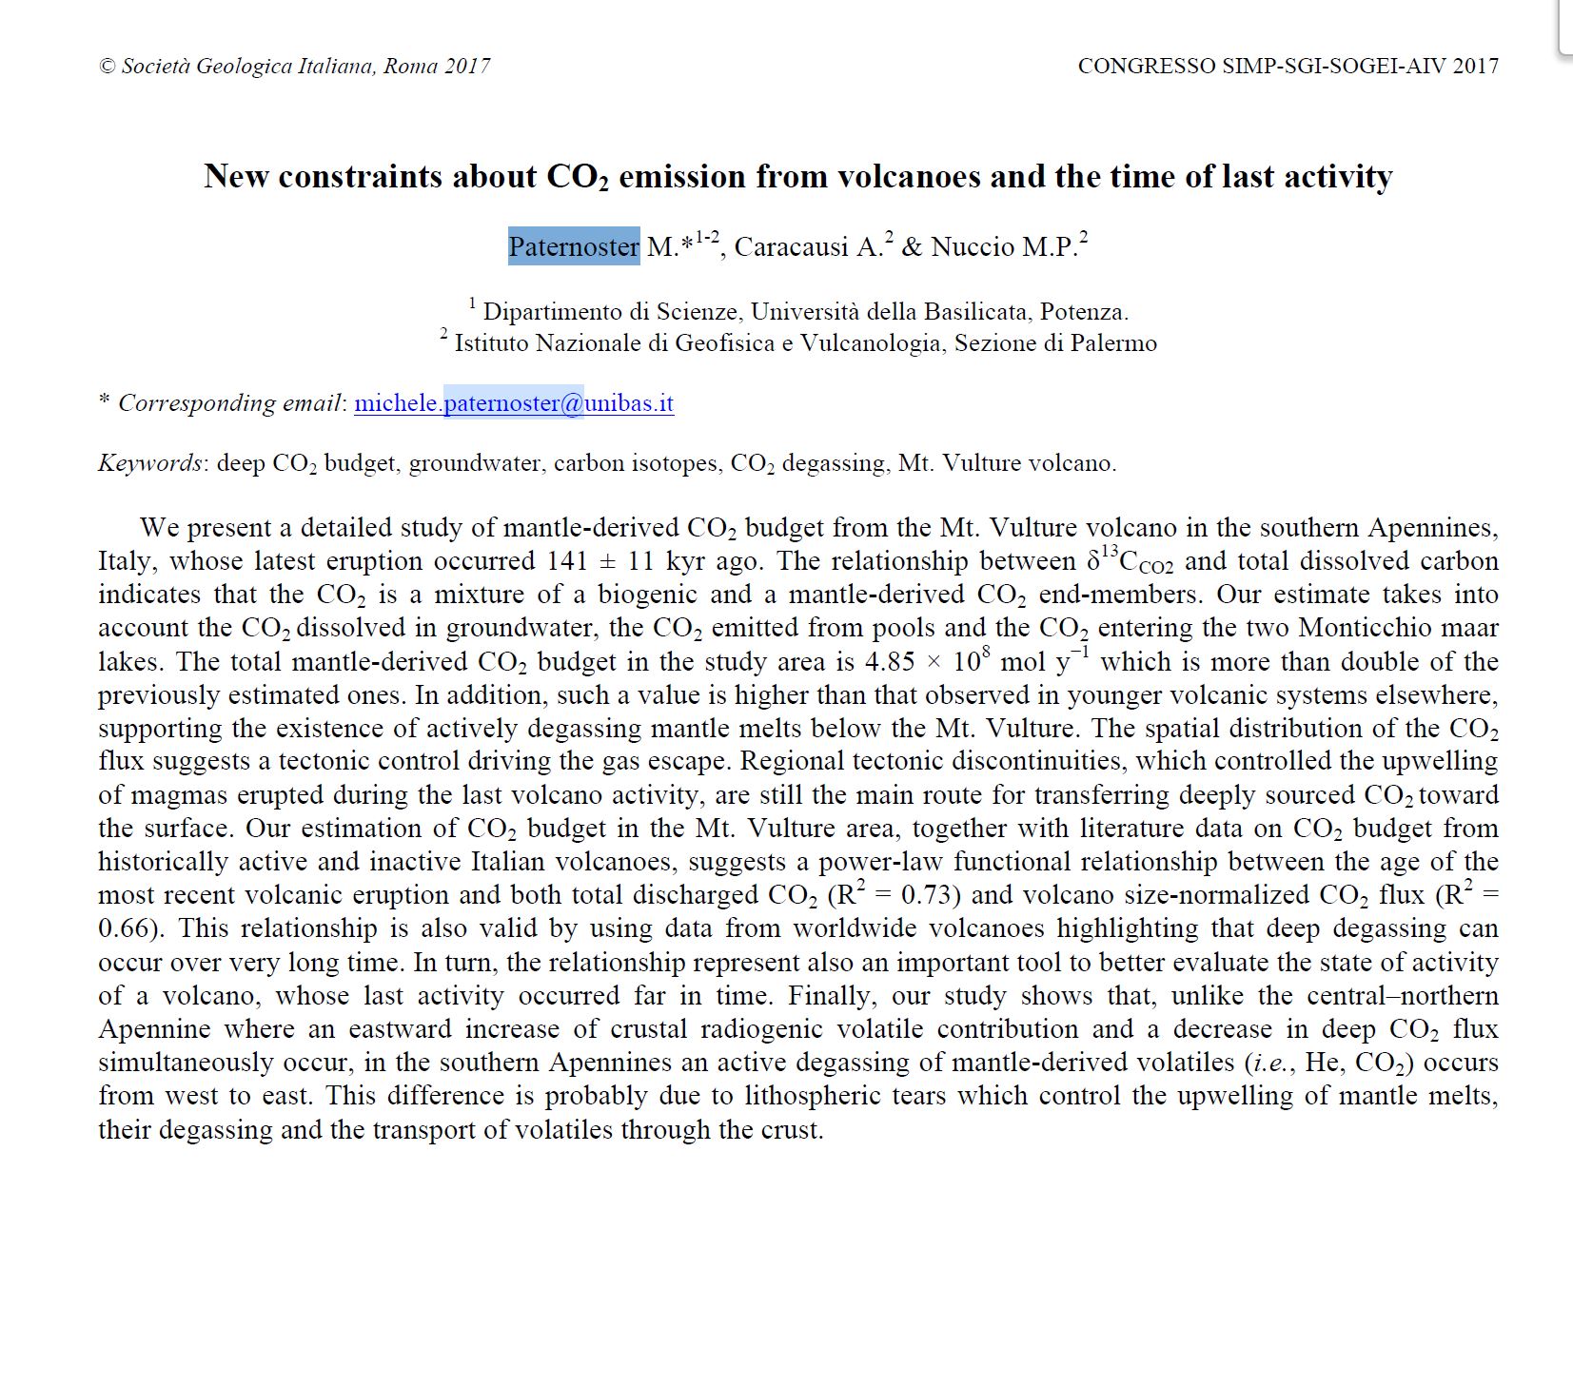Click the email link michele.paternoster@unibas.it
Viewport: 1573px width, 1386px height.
[514, 403]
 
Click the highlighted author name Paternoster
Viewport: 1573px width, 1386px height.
[573, 246]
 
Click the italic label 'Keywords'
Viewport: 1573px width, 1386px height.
[149, 463]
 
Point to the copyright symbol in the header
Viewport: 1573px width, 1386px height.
[107, 66]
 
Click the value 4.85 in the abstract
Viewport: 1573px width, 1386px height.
[890, 661]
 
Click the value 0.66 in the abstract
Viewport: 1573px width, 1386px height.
[128, 928]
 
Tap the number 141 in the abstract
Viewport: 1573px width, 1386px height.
[567, 561]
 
